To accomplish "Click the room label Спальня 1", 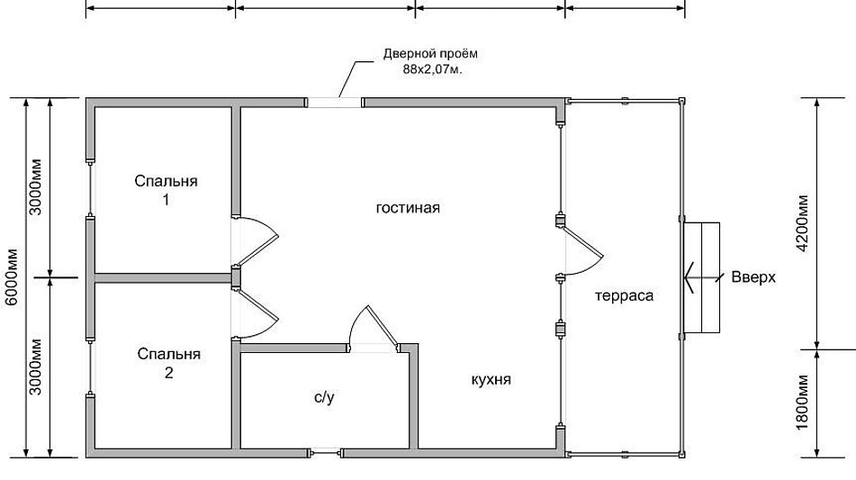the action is point(166,190).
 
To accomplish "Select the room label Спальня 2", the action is point(168,363).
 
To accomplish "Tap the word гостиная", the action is point(408,208).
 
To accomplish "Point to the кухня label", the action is point(491,379).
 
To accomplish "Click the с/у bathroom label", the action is point(324,397).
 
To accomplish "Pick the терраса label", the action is point(624,296).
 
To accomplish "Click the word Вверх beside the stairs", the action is point(753,276).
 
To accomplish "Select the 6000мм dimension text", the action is point(12,277).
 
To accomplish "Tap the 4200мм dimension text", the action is point(802,222).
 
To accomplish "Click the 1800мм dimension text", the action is point(802,402).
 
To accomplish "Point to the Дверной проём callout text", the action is point(430,53).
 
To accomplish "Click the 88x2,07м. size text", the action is point(432,70).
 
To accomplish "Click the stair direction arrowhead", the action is point(689,277).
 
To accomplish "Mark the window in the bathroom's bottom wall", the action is point(326,453).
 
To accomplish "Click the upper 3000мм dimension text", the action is point(35,186).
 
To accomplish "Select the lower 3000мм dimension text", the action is point(35,367).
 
